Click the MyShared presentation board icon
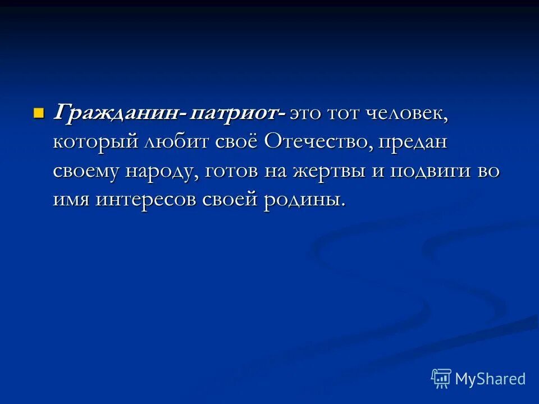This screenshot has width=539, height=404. pyautogui.click(x=441, y=378)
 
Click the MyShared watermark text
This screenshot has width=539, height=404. pyautogui.click(x=490, y=379)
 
